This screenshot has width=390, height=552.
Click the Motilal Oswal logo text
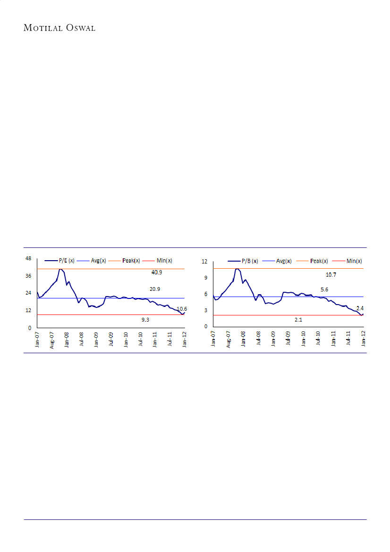[59, 28]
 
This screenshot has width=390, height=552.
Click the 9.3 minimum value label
[147, 320]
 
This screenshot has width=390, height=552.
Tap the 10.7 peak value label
[332, 274]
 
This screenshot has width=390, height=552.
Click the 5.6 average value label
[324, 289]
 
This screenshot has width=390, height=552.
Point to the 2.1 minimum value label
[298, 320]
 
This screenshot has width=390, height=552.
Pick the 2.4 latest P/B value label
[360, 307]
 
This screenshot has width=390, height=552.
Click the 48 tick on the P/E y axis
[28, 259]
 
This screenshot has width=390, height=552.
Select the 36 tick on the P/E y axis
[28, 276]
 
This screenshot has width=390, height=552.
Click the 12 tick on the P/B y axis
[205, 262]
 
